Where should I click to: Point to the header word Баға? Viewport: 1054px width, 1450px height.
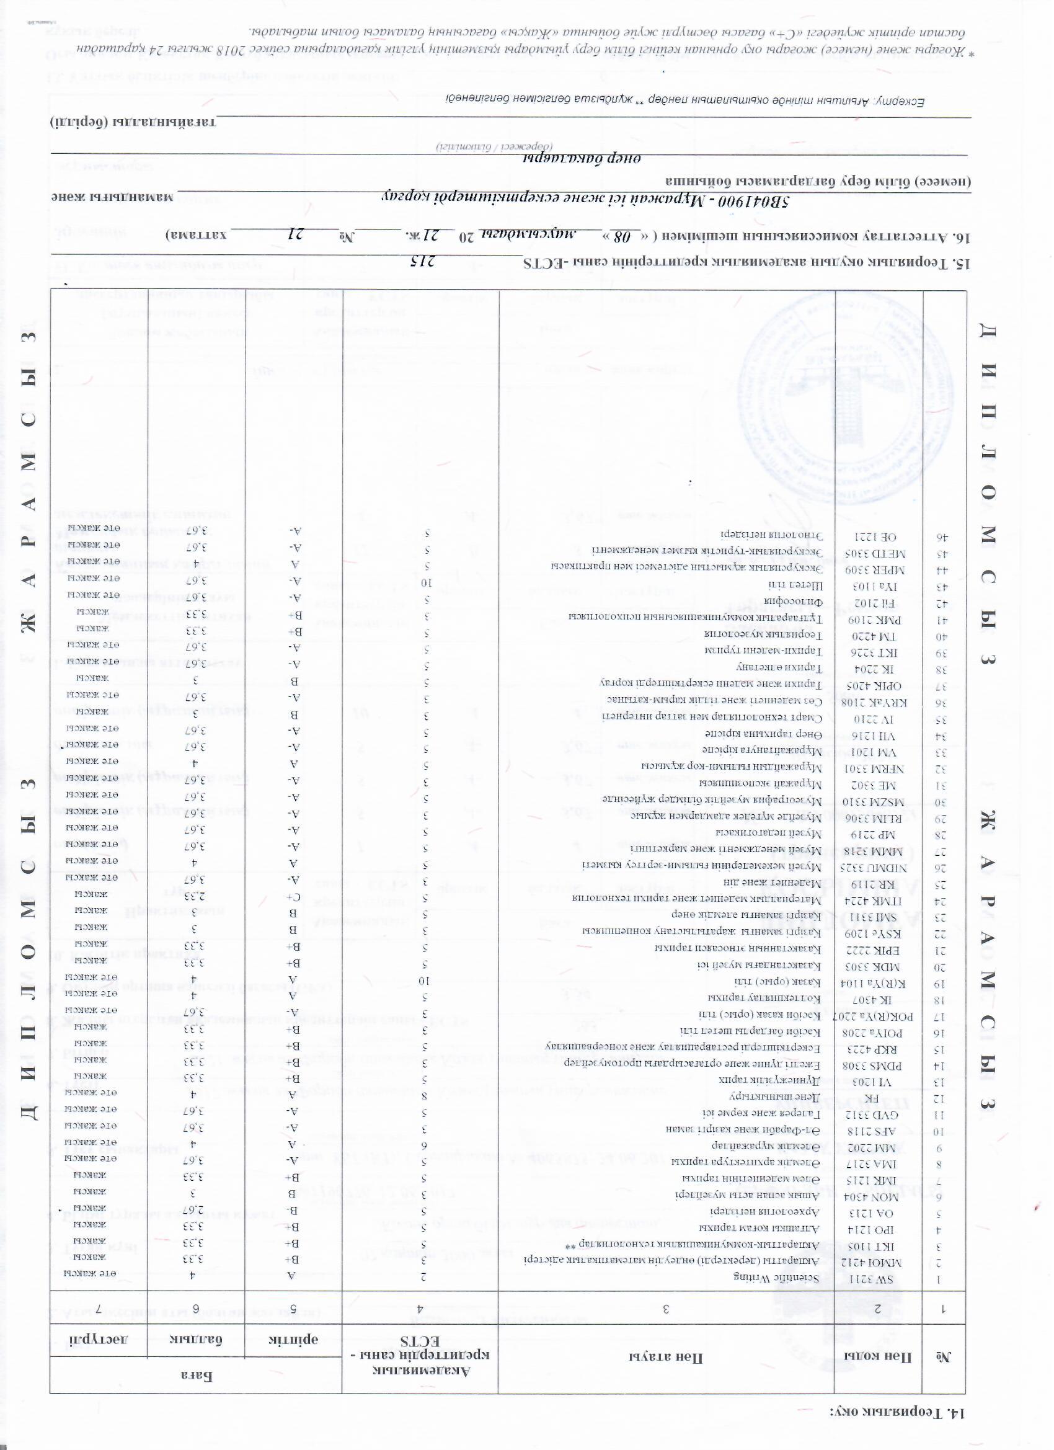point(195,1371)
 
